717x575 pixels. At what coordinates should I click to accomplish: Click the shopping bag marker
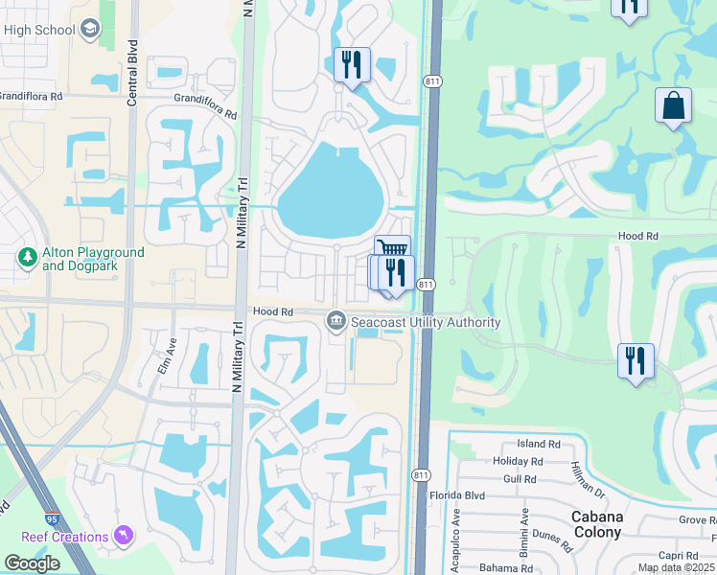click(x=673, y=106)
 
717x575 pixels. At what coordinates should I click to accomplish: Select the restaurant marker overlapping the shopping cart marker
click(x=396, y=273)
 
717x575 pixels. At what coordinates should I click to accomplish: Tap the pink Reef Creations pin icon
click(x=123, y=535)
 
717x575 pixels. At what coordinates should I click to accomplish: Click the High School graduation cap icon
click(x=90, y=30)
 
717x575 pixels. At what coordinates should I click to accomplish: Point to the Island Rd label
click(x=539, y=445)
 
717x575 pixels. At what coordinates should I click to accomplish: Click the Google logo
click(x=32, y=563)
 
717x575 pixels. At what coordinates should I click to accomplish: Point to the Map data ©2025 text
click(x=676, y=567)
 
